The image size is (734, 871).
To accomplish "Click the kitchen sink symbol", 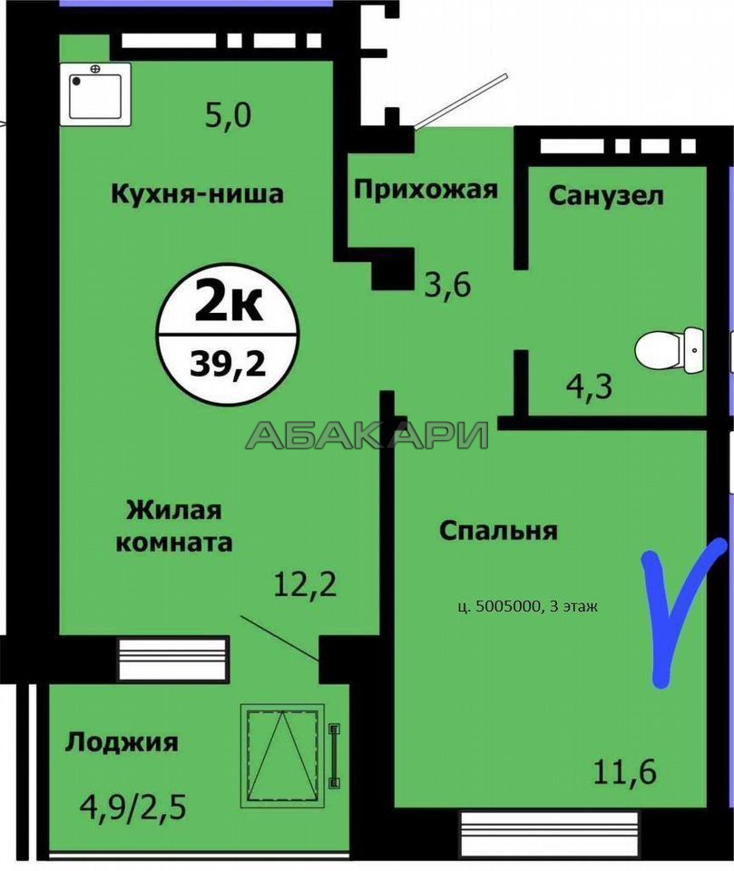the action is tap(95, 93).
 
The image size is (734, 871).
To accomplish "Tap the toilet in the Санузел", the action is tap(669, 350).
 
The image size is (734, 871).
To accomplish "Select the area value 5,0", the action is tap(228, 115).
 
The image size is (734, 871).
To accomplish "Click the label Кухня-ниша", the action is tap(197, 194).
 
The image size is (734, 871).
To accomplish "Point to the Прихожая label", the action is tap(426, 190).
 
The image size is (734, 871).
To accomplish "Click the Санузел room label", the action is tap(606, 196).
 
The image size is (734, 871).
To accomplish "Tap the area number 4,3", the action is tap(589, 387).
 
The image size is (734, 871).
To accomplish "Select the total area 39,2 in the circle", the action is tap(228, 364).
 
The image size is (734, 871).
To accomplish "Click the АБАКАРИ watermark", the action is tap(367, 435).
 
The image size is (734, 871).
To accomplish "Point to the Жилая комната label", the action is tap(174, 526).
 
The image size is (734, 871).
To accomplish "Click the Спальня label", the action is tap(498, 531).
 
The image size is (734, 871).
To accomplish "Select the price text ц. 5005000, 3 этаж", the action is tap(528, 606).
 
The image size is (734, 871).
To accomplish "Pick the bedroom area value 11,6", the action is tap(625, 771).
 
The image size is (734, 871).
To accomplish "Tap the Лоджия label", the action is tap(122, 742).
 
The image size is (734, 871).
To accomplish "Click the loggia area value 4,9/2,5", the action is tap(133, 807).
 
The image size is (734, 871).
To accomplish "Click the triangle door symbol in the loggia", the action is tap(282, 756).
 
